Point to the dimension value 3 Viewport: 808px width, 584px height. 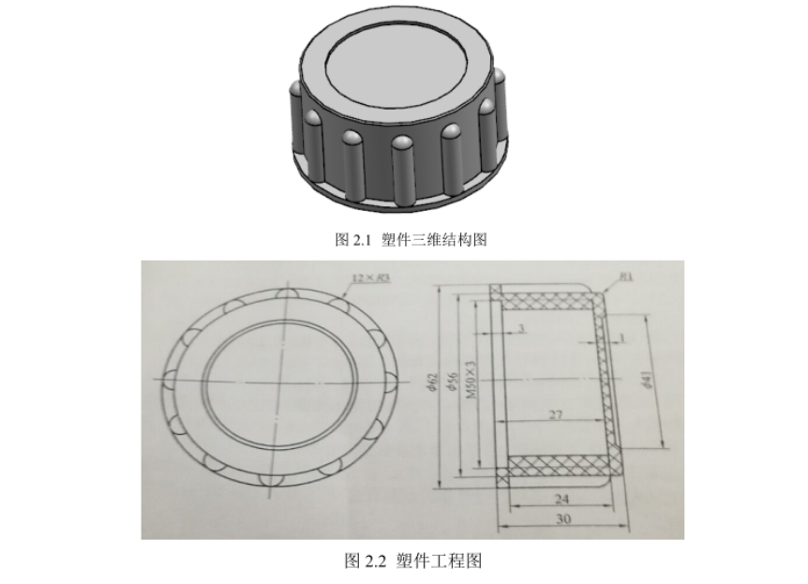[x=518, y=327]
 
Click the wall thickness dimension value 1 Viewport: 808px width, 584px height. [x=622, y=336]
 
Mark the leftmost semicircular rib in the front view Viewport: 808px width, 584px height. [x=169, y=380]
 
